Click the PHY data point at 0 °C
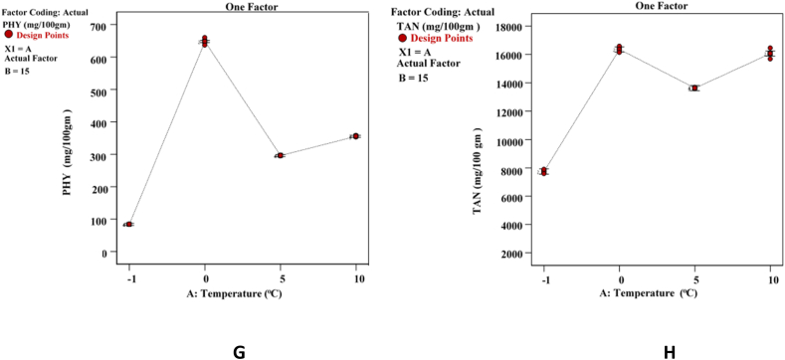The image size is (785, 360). click(x=205, y=41)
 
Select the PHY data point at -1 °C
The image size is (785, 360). click(x=128, y=225)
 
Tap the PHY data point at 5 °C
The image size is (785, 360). click(x=281, y=155)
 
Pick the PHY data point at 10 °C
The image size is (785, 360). click(x=355, y=136)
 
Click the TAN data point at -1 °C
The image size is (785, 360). click(x=543, y=172)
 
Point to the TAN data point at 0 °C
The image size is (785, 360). click(x=619, y=49)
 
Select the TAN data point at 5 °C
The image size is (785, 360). click(x=694, y=89)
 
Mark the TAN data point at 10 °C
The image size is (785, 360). click(x=770, y=54)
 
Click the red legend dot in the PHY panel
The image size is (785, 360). click(x=9, y=35)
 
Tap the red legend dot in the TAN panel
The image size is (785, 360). click(x=403, y=38)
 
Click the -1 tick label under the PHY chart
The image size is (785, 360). click(x=127, y=277)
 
